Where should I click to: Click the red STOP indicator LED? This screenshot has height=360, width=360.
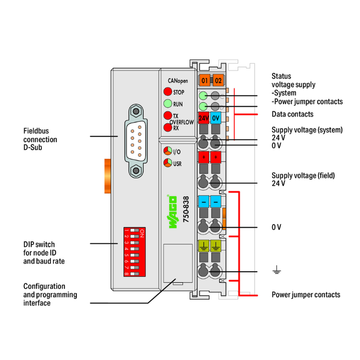pos(168,92)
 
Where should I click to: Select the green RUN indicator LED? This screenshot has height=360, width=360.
pos(168,104)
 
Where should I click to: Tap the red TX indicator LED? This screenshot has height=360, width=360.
pos(168,116)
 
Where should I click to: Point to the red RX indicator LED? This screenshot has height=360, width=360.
pos(168,128)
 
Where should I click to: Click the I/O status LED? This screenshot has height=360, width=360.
pos(168,151)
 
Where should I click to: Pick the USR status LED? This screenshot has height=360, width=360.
pos(168,163)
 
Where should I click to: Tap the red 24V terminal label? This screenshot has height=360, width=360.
pos(204,117)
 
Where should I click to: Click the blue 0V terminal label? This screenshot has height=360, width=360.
pos(216,117)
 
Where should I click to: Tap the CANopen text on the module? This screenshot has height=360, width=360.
pos(178,81)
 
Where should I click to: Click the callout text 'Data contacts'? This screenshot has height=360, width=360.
pos(292,114)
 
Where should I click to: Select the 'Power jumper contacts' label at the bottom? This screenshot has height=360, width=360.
pos(306,295)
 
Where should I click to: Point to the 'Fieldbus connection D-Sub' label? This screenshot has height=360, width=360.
pos(40,139)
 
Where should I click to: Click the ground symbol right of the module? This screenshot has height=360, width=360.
pos(276,272)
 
